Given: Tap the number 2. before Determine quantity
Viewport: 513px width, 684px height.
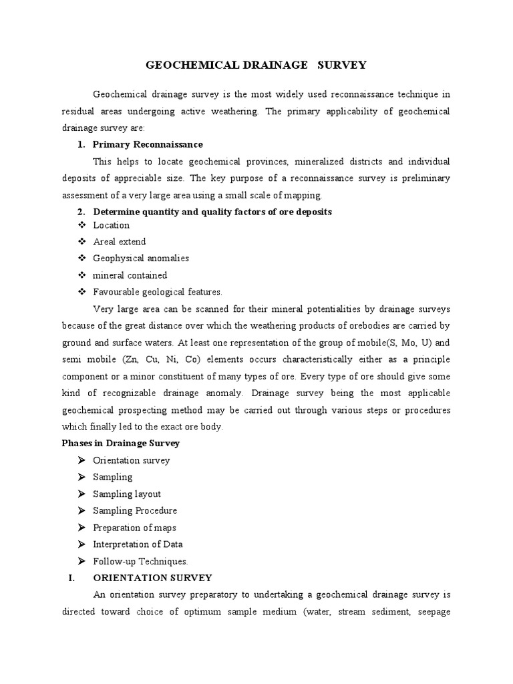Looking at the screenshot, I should click(81, 212).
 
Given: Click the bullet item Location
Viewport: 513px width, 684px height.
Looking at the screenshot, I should click(112, 225).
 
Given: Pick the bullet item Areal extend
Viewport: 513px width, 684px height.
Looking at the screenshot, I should click(120, 242).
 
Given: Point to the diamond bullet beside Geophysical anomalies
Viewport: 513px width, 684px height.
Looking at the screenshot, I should click(82, 259).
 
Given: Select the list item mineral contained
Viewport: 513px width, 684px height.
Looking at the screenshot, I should click(130, 275).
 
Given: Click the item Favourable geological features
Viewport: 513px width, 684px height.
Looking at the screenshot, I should click(158, 292).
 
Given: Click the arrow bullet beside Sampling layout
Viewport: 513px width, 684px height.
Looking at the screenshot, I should click(81, 494).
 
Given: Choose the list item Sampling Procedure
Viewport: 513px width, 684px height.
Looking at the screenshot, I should click(135, 510).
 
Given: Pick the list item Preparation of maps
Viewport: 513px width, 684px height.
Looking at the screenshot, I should click(135, 528).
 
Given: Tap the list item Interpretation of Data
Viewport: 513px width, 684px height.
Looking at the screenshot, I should click(138, 544).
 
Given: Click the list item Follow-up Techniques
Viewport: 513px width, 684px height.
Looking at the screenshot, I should click(141, 561).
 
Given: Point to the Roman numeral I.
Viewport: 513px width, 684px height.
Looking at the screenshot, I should click(71, 577).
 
